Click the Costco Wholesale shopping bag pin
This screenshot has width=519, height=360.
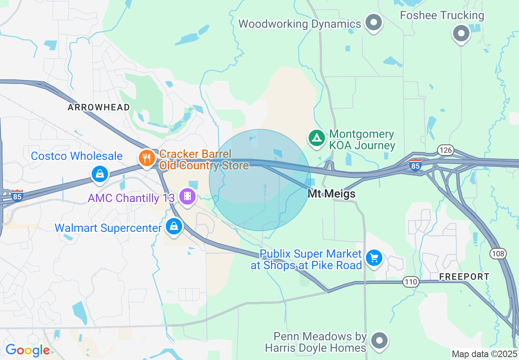point(99,173)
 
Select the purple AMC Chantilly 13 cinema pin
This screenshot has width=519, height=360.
point(187,197)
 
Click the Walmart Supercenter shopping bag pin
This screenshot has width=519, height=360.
point(174,226)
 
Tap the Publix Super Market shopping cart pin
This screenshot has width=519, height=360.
point(374,258)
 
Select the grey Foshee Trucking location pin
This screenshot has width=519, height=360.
point(461,33)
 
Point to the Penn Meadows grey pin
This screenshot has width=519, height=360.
point(379,340)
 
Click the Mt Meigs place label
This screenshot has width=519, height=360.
point(332,193)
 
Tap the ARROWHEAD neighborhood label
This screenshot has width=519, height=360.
point(99,107)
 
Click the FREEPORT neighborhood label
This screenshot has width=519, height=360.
point(464,277)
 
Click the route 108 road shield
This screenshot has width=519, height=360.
point(498,254)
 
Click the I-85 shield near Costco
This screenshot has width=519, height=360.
point(17,196)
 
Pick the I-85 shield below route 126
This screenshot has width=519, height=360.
point(415,165)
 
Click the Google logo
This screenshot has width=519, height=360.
point(27,350)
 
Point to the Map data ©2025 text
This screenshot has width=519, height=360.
point(484,353)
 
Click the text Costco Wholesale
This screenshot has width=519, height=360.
point(77,156)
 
